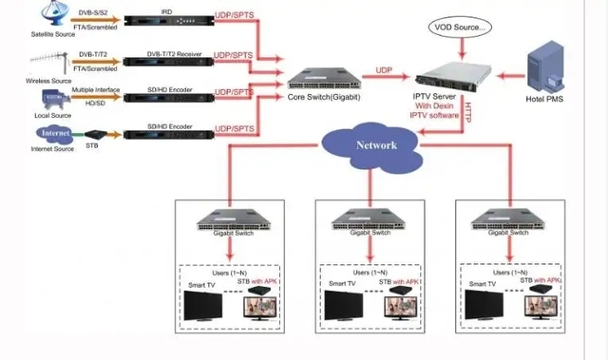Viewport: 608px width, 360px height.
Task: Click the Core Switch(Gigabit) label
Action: pos(324,97)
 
